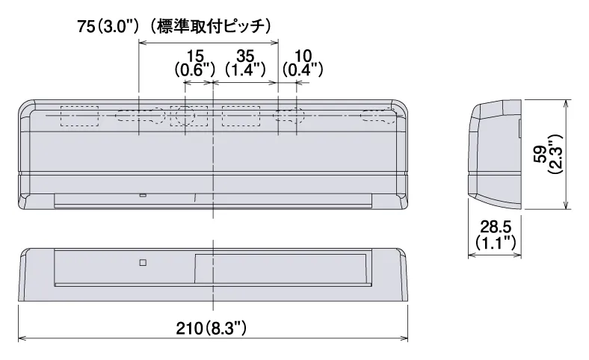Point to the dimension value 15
pyautogui.click(x=195, y=56)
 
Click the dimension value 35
pyautogui.click(x=245, y=56)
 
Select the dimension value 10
pyautogui.click(x=303, y=56)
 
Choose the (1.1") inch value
pyautogui.click(x=494, y=242)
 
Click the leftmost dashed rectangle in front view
pyautogui.click(x=79, y=117)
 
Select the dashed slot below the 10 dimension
pyautogui.click(x=289, y=117)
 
